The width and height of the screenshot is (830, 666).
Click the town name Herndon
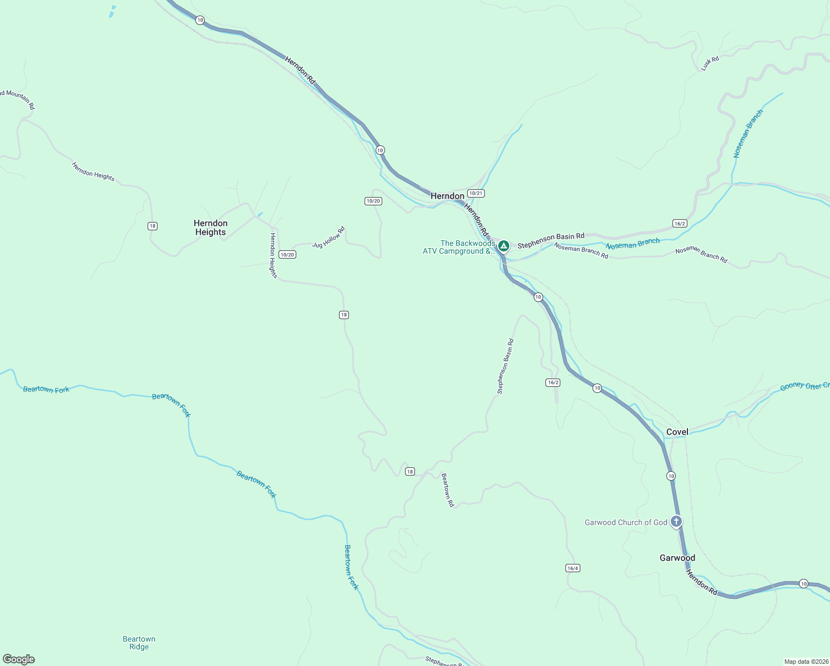(447, 196)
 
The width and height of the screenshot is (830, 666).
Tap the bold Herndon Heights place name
(210, 228)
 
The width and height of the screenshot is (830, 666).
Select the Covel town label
(677, 432)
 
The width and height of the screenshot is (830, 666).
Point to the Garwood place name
(677, 558)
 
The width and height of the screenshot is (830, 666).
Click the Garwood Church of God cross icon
(676, 521)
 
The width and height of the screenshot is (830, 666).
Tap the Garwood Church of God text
(626, 522)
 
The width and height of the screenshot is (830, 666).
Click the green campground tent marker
(503, 245)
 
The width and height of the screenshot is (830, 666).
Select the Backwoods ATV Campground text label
(459, 247)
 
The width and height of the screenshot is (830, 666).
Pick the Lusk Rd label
(710, 63)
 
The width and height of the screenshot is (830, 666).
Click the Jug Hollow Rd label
(328, 237)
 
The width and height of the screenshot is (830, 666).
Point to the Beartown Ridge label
(139, 643)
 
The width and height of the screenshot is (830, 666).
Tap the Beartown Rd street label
(447, 490)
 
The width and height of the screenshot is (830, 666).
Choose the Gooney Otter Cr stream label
(804, 386)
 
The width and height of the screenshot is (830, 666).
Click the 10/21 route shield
(475, 193)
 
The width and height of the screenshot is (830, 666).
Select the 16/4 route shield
(573, 568)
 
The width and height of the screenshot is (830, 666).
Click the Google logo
(19, 659)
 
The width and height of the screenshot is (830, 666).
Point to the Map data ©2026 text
(806, 662)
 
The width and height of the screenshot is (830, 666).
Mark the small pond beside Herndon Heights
(260, 214)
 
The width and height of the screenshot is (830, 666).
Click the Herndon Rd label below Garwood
(701, 582)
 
